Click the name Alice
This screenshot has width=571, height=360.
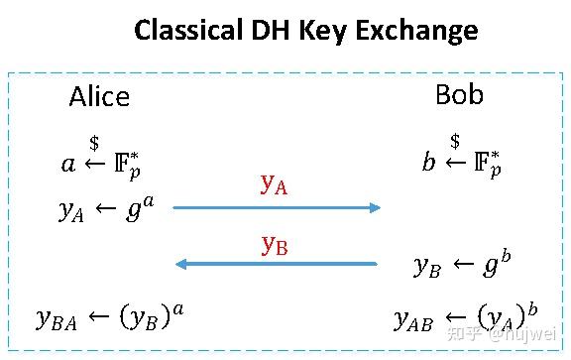[99, 96]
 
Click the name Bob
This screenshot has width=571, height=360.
[459, 95]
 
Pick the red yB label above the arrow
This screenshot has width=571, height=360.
[274, 244]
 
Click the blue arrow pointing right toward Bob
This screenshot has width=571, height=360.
[277, 207]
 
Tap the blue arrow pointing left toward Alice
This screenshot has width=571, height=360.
[277, 264]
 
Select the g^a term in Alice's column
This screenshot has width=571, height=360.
[140, 207]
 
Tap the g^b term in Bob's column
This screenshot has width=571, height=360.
[492, 264]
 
